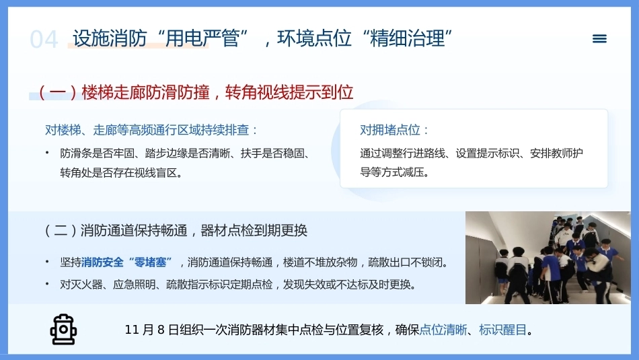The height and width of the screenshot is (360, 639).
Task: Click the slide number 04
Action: tap(44, 40)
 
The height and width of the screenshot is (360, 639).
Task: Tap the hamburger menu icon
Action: tap(599, 39)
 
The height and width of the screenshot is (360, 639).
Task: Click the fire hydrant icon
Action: tap(63, 330)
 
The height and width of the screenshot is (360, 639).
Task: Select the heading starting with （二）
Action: tap(176, 230)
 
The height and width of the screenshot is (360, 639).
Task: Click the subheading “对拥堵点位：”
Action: tap(394, 130)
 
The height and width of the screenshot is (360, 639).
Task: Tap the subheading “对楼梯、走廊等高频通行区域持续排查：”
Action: tap(151, 130)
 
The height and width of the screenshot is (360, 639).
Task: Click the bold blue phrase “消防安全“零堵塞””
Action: tap(126, 262)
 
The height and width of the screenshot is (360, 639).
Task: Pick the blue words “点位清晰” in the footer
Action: tap(443, 330)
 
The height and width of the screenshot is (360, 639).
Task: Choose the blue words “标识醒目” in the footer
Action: tap(503, 330)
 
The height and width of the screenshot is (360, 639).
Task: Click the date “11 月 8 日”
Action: tap(151, 330)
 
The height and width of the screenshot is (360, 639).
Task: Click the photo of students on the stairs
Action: tap(548, 258)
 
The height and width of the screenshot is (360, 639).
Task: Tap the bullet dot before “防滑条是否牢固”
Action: tap(47, 153)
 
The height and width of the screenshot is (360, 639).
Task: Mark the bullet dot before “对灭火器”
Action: tap(47, 284)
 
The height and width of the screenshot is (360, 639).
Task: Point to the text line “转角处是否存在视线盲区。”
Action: tap(121, 173)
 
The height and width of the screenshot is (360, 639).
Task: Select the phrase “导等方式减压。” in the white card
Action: tap(395, 172)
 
